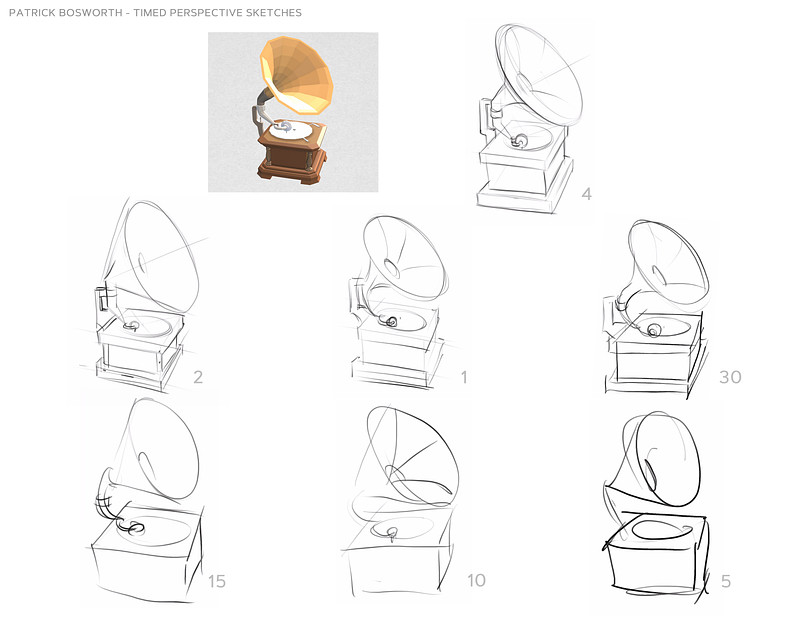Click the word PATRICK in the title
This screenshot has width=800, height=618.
point(32,13)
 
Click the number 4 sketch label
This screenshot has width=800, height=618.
point(587,194)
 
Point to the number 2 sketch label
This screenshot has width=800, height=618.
point(198,377)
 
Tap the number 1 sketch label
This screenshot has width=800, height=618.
point(464,377)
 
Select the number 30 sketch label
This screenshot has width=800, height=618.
point(730,377)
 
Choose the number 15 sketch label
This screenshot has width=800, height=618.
point(216,581)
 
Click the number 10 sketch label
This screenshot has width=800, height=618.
point(476,580)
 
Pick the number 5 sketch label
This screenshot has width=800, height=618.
point(726,581)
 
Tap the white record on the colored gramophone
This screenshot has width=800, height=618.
point(291,130)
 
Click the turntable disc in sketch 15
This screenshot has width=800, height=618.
point(154,531)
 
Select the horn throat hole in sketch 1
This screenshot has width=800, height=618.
point(392,268)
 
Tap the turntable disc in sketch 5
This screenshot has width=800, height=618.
point(658,529)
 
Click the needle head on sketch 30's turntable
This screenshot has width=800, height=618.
point(653,330)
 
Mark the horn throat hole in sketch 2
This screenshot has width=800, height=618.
point(142,264)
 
